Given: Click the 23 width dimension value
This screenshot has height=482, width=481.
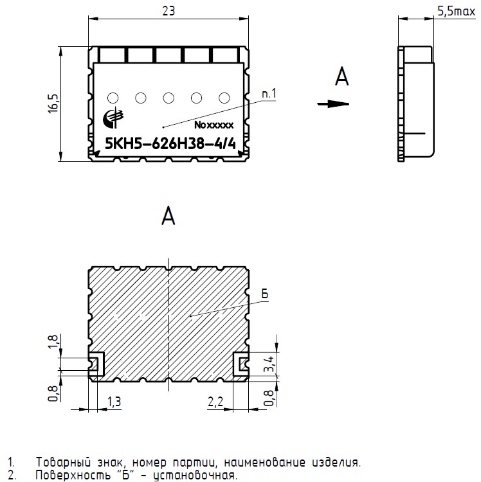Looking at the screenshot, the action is (x=168, y=11).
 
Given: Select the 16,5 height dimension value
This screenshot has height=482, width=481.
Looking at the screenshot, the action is (x=53, y=103).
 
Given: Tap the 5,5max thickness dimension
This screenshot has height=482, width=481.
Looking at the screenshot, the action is (x=457, y=12).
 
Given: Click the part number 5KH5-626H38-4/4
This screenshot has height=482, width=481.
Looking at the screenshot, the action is (x=170, y=143).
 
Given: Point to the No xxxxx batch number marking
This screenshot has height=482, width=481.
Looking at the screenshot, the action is (x=214, y=125).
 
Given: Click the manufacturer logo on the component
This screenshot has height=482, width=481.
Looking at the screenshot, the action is (x=113, y=117).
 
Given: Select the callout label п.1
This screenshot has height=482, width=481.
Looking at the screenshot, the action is (x=269, y=93).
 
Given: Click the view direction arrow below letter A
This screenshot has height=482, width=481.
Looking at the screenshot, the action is (x=333, y=104).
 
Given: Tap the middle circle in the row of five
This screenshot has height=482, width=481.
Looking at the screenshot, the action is (x=168, y=98).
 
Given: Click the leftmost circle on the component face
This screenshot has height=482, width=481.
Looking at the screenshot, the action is (x=113, y=98).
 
